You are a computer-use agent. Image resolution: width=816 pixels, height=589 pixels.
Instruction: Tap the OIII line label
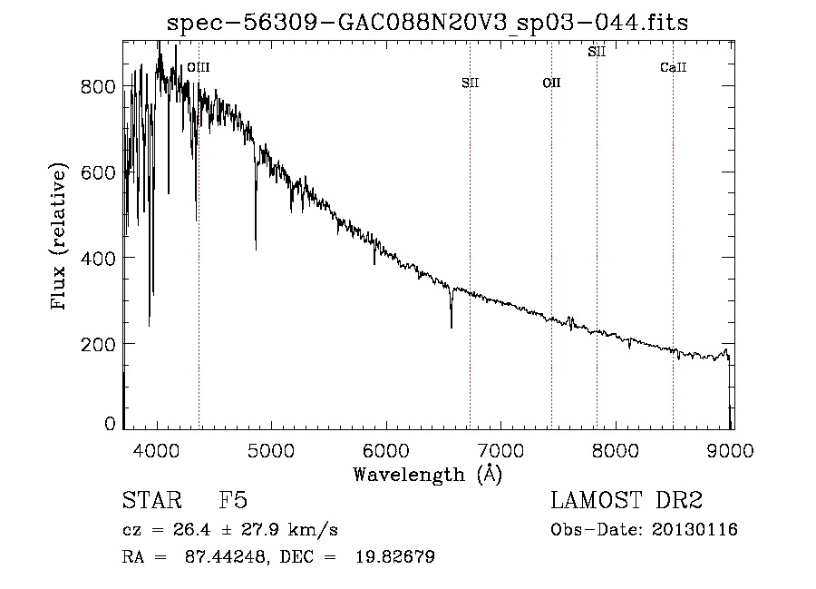tap(198, 67)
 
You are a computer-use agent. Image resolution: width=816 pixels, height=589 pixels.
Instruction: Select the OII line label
tap(551, 83)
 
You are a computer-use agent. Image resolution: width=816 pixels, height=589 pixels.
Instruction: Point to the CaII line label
tap(673, 67)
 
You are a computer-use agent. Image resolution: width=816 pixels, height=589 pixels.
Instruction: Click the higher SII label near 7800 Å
tap(597, 52)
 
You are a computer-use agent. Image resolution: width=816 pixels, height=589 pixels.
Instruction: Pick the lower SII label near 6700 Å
tap(470, 83)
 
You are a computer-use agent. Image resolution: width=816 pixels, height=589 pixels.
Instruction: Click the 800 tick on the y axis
tap(98, 86)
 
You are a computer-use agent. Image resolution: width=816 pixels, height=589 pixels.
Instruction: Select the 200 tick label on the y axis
tap(98, 344)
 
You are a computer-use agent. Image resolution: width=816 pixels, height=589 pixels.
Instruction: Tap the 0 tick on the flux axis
tap(110, 423)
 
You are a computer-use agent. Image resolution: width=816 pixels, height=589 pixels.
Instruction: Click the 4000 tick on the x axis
tap(158, 451)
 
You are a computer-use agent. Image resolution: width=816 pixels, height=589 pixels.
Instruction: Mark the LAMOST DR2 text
tap(627, 501)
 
